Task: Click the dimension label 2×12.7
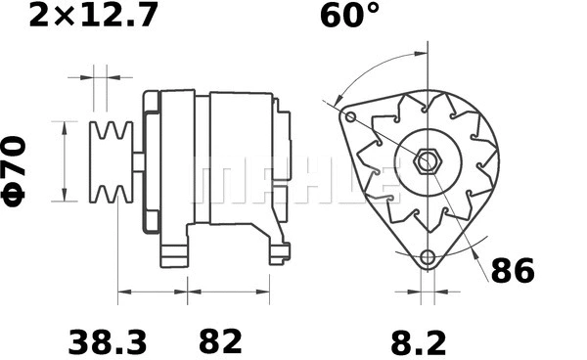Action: click(92, 18)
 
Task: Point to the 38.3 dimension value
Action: click(108, 341)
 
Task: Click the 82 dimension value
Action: click(220, 341)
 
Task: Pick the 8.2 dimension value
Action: click(419, 341)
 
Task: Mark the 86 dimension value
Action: click(513, 271)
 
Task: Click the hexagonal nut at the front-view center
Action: click(428, 160)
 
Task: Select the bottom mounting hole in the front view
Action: click(427, 258)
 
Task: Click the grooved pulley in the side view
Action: click(112, 161)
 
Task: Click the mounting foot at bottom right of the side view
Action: click(278, 252)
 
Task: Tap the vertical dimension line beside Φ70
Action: click(65, 161)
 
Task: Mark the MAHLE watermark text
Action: click(293, 181)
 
